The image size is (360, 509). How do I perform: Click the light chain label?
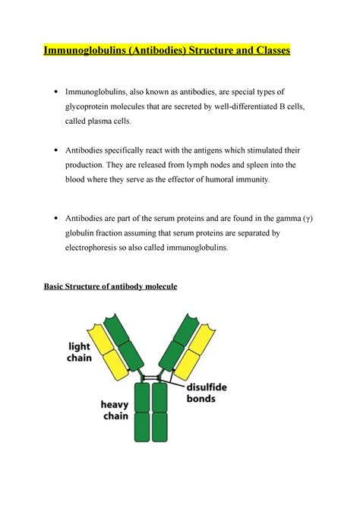click(x=73, y=352)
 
